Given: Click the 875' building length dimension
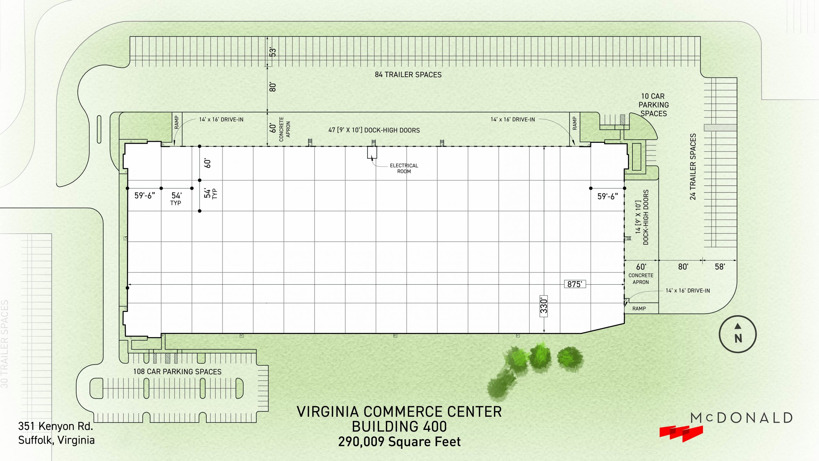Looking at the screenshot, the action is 575,284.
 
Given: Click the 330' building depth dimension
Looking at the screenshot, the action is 544,306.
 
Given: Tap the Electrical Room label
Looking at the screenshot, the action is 404,168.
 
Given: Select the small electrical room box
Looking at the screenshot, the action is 372,152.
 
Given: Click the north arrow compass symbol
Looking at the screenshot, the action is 738,334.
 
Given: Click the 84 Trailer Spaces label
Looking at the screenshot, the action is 408,75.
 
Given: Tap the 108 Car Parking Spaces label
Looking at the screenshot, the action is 177,372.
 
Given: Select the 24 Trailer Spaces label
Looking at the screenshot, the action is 693,167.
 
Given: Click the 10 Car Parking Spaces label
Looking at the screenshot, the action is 653,105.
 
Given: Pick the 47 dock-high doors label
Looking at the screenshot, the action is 374,130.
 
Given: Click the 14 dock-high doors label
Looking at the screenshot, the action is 642,217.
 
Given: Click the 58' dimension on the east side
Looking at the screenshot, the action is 720,267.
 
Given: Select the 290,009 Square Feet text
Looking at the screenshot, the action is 399,442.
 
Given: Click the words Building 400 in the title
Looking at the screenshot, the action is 399,426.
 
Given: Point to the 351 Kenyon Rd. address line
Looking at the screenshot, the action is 56,426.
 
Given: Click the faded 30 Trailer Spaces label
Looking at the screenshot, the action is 4,344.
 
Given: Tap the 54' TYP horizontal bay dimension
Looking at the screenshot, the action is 176,198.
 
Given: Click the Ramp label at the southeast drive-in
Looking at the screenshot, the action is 639,309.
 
